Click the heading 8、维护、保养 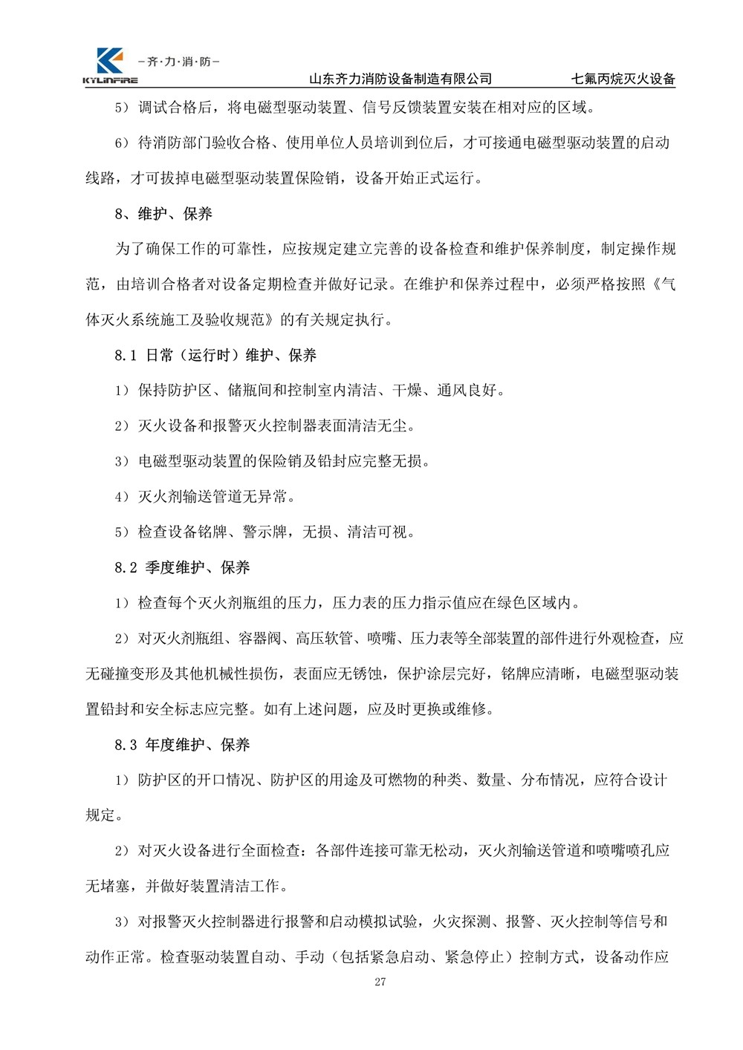pos(163,215)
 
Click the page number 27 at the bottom pos(380,982)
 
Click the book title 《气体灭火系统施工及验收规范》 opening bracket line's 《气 pos(662,285)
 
